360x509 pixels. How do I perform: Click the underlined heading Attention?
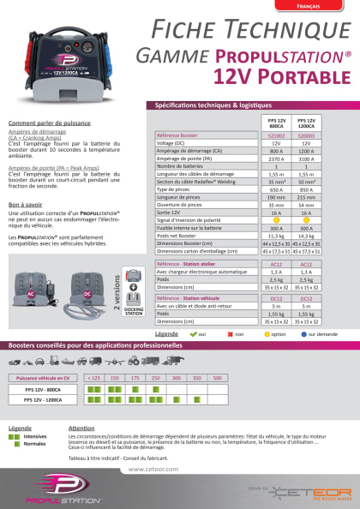(x=82, y=428)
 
